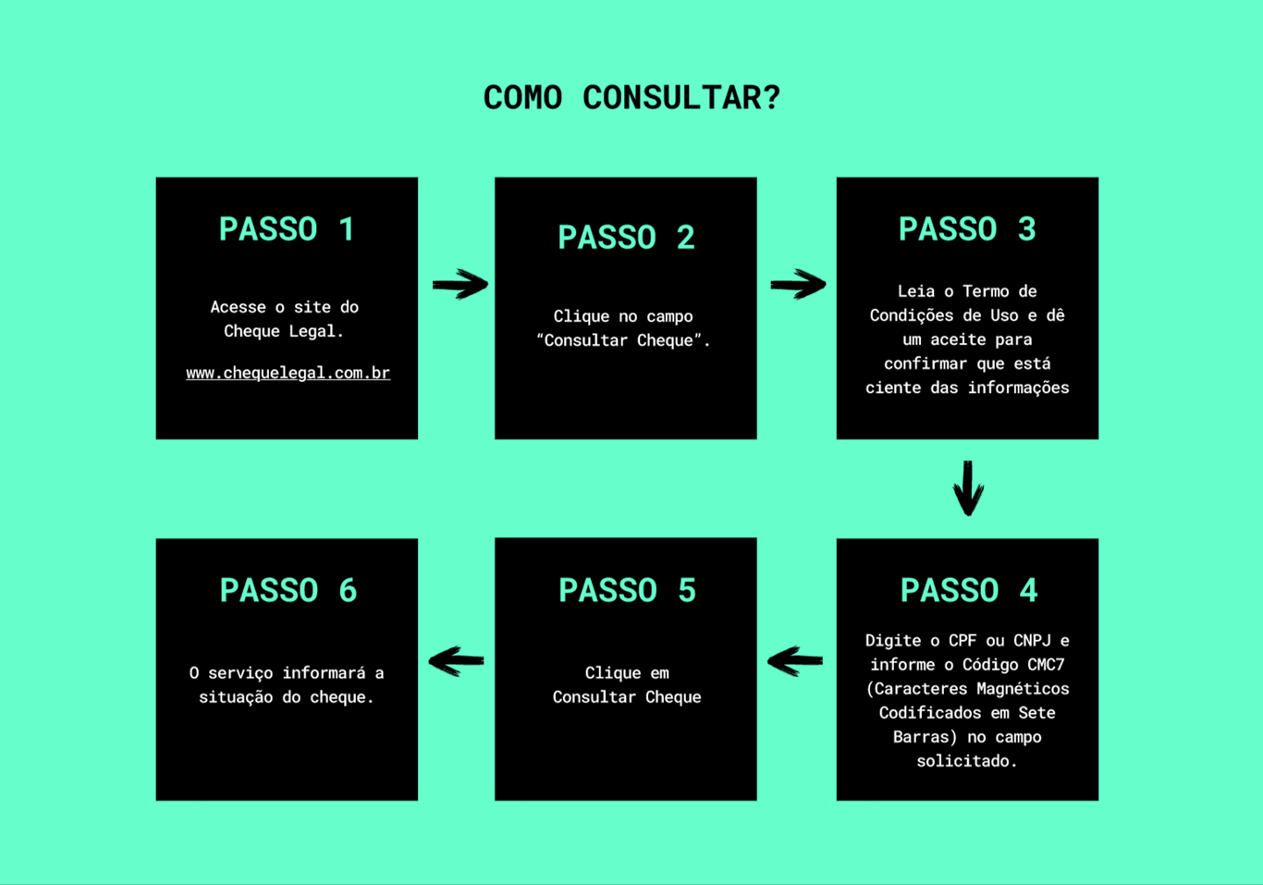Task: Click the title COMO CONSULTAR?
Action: click(x=631, y=98)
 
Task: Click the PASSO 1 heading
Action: click(x=287, y=229)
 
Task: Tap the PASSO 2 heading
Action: click(x=626, y=237)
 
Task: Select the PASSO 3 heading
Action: click(x=967, y=229)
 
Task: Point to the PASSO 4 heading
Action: click(x=969, y=591)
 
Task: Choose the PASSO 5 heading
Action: click(x=627, y=591)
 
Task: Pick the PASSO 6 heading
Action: click(x=288, y=591)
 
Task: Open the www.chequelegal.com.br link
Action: click(x=288, y=373)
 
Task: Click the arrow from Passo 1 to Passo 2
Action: click(x=460, y=284)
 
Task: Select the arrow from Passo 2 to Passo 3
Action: click(x=798, y=284)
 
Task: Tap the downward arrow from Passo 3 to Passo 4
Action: click(x=968, y=488)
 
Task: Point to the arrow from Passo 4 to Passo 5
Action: click(x=795, y=660)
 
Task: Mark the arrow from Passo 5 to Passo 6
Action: click(x=456, y=660)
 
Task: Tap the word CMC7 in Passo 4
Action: click(x=1046, y=665)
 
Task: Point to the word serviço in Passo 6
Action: click(x=240, y=674)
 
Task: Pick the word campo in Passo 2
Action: click(x=669, y=317)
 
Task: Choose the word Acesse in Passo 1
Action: click(x=238, y=307)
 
